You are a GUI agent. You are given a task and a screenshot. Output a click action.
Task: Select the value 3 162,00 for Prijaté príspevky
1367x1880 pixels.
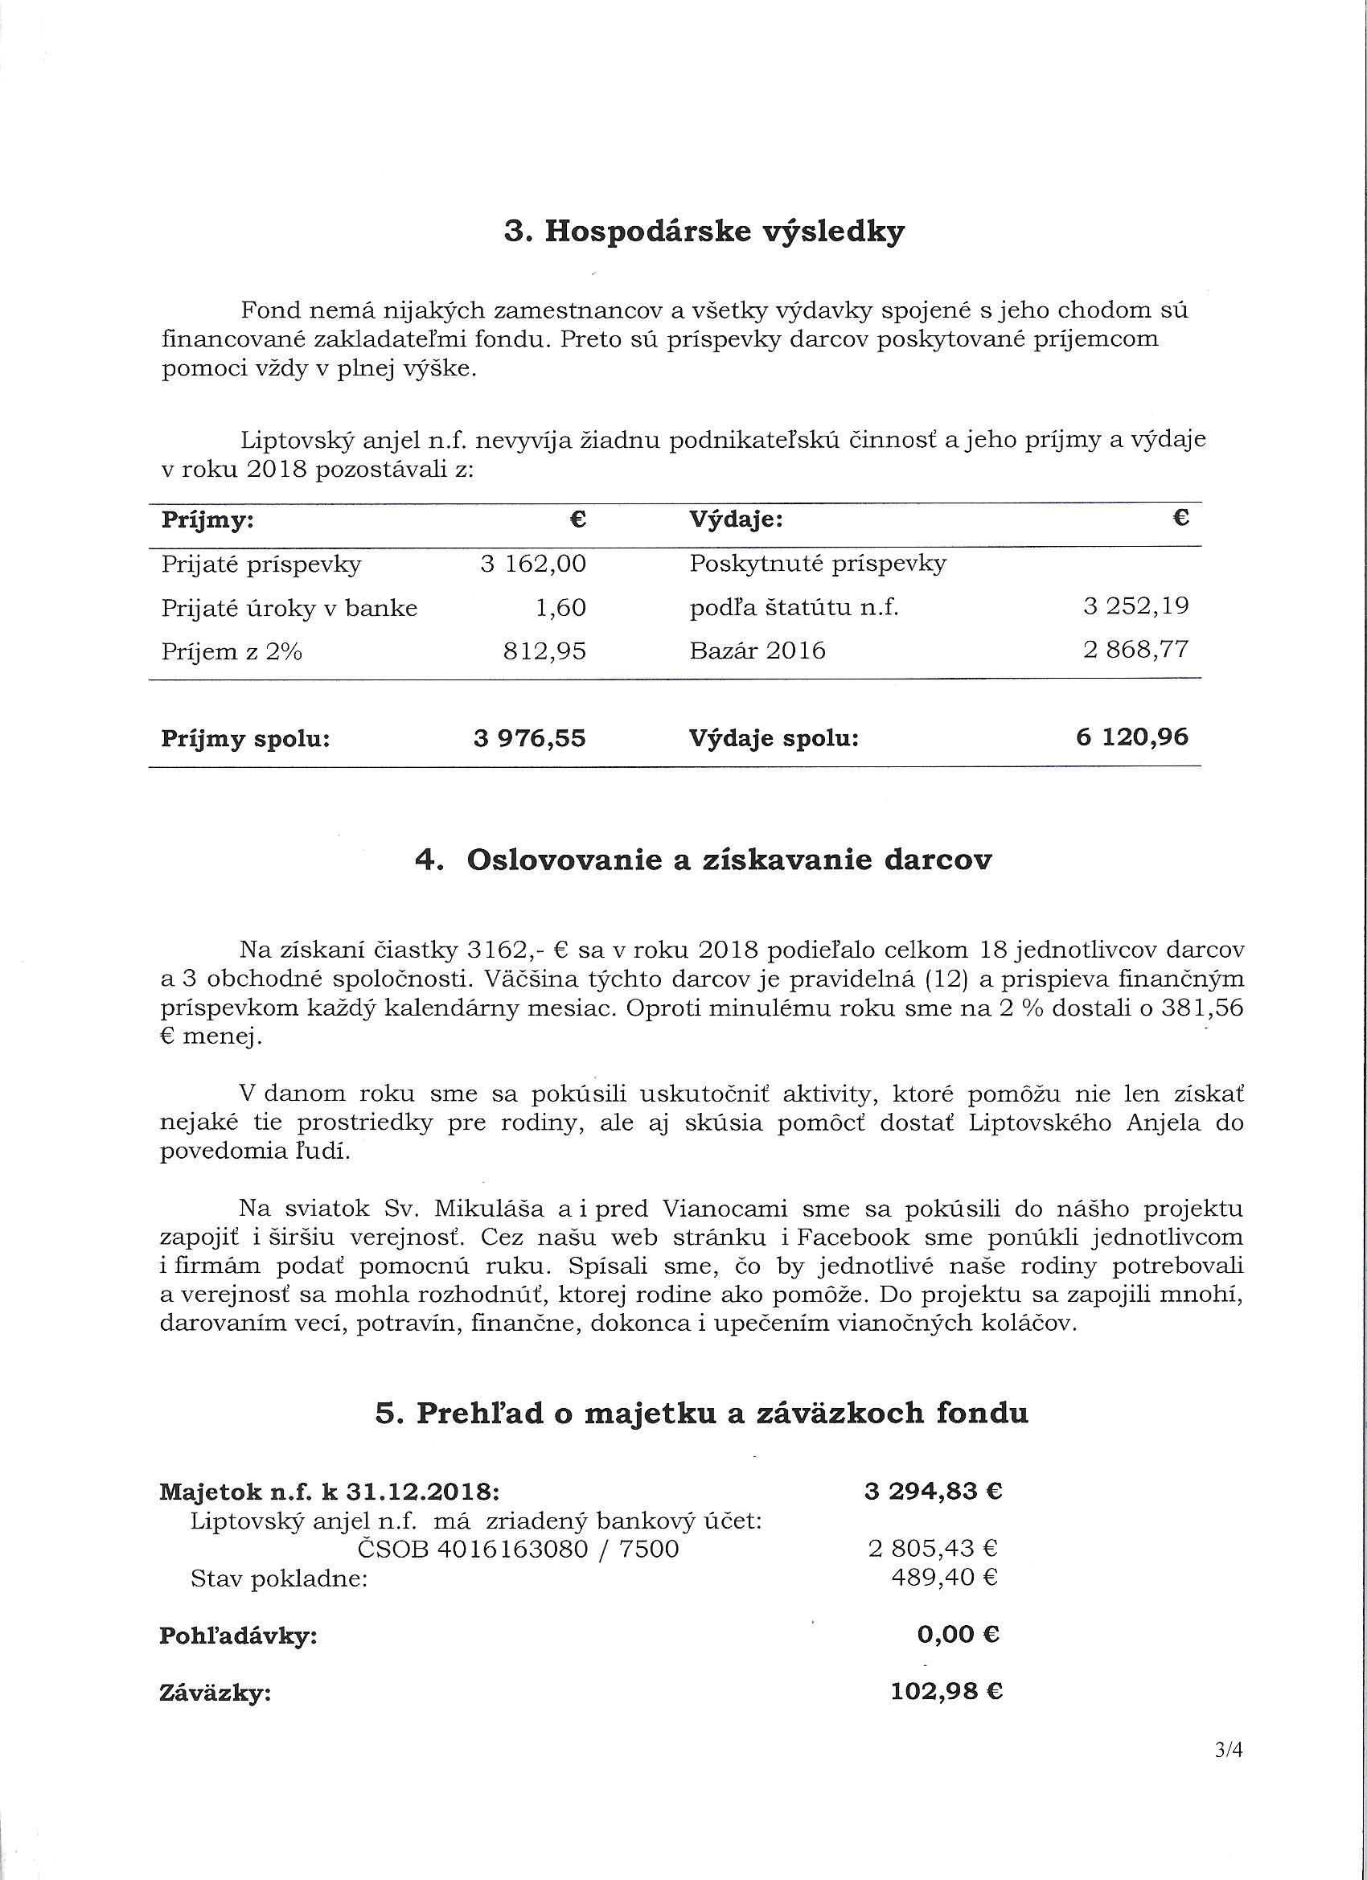(533, 564)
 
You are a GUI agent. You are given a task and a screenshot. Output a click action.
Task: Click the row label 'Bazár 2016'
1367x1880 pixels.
(757, 651)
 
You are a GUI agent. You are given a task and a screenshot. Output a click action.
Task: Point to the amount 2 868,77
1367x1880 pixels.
(1135, 649)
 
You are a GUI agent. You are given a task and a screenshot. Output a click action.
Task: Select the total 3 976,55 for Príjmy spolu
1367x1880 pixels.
(530, 737)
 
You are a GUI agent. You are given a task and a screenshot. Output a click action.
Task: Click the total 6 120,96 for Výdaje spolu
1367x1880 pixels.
(1132, 736)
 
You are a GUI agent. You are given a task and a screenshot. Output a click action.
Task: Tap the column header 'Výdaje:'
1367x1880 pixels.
(736, 519)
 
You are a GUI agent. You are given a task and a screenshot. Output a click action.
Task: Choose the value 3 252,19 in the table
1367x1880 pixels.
(1135, 606)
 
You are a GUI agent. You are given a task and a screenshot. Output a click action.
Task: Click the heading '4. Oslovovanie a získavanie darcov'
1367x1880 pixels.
(703, 860)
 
